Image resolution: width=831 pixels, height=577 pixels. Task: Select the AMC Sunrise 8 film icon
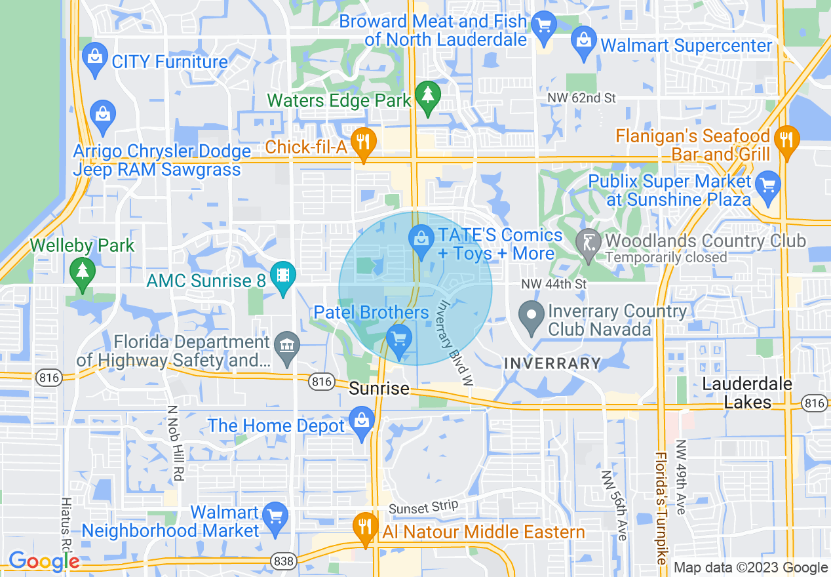pyautogui.click(x=282, y=277)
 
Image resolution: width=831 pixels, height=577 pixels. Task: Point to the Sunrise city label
pyautogui.click(x=379, y=389)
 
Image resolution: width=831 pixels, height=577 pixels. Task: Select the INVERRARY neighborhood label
pyautogui.click(x=552, y=363)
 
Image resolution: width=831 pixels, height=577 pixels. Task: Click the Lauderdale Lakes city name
pyautogui.click(x=747, y=393)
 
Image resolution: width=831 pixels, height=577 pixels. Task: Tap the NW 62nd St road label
pyautogui.click(x=582, y=98)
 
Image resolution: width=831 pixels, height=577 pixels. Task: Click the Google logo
pyautogui.click(x=43, y=562)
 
